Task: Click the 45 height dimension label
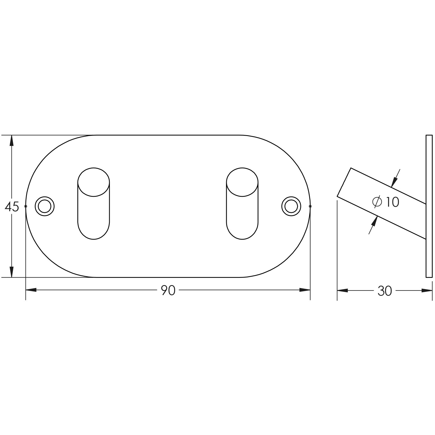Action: pos(12,207)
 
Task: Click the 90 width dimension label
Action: pos(168,290)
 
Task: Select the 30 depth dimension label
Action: pos(385,291)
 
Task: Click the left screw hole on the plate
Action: pos(45,206)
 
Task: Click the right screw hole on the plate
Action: pos(291,206)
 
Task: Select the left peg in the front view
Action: pos(93,203)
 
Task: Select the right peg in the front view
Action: pos(242,203)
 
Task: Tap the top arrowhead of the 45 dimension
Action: pos(11,141)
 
